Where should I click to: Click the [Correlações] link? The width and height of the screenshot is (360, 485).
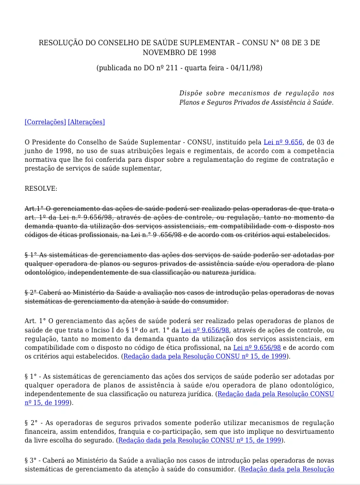click(x=45, y=122)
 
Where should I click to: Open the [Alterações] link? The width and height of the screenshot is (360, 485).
click(x=86, y=122)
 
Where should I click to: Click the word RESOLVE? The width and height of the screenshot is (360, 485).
click(x=41, y=189)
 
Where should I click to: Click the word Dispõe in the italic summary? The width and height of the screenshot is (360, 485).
click(x=190, y=93)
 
